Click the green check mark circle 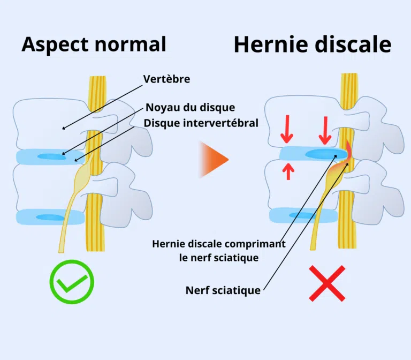point(72,282)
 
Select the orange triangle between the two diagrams point(214,159)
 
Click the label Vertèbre point(166,79)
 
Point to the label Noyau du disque point(190,108)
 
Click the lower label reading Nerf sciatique point(223,290)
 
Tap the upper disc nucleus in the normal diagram point(51,156)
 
